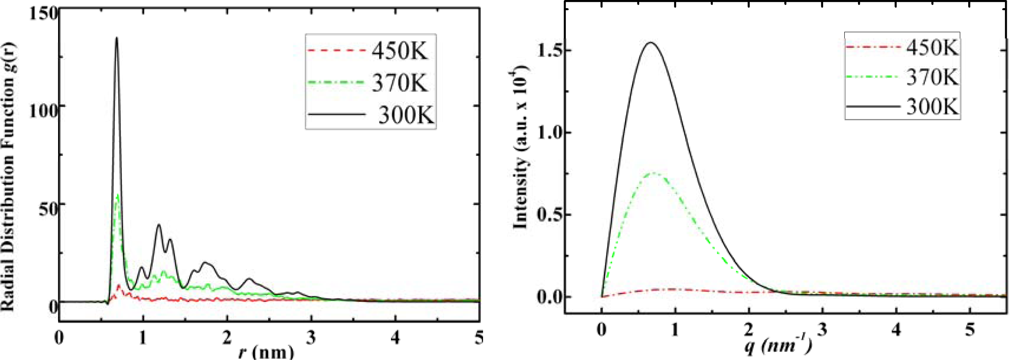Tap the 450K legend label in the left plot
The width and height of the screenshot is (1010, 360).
(x=399, y=51)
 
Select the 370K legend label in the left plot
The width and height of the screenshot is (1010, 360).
(x=399, y=83)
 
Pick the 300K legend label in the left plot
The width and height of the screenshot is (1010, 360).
(x=406, y=115)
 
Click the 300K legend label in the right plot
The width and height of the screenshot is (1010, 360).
(x=932, y=106)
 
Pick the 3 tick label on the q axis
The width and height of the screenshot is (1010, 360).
(x=823, y=330)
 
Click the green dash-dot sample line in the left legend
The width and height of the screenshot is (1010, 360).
(x=336, y=82)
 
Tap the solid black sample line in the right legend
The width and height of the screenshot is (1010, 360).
(x=873, y=106)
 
